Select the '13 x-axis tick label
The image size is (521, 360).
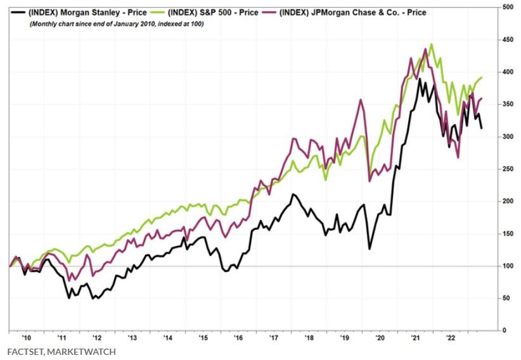(132, 339)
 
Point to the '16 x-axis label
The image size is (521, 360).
(238, 339)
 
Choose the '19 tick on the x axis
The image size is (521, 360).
(343, 339)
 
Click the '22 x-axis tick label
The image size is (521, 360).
(449, 339)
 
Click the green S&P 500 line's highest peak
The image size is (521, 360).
(432, 44)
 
